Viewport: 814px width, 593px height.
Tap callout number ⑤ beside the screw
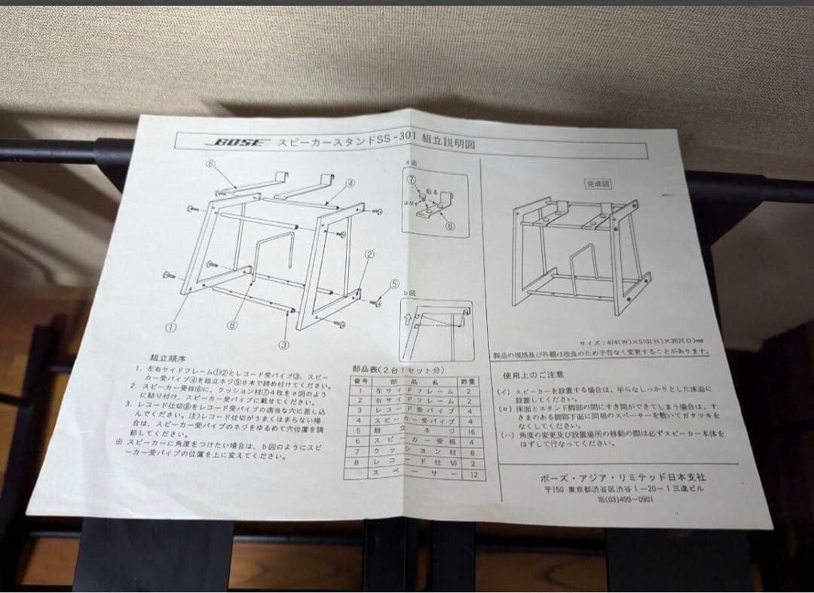pyautogui.click(x=393, y=283)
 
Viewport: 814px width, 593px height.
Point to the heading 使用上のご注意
pyautogui.click(x=543, y=374)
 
